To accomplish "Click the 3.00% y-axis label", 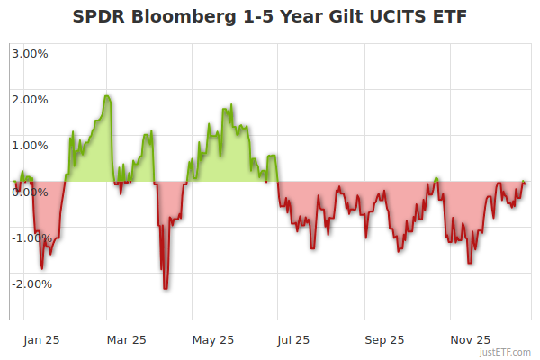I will point(31,53).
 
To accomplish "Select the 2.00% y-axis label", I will point(31,99).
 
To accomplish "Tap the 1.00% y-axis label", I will point(31,145).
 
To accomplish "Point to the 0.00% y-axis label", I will point(31,192).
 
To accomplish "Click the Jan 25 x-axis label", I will point(41,340).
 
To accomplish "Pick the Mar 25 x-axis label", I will point(126,340).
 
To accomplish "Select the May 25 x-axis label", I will point(213,340).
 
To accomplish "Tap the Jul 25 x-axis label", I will point(294,340).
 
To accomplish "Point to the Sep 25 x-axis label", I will point(384,340).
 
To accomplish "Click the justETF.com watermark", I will point(506,353).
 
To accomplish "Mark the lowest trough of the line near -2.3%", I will point(166,288).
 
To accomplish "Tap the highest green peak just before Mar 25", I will point(107,96).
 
